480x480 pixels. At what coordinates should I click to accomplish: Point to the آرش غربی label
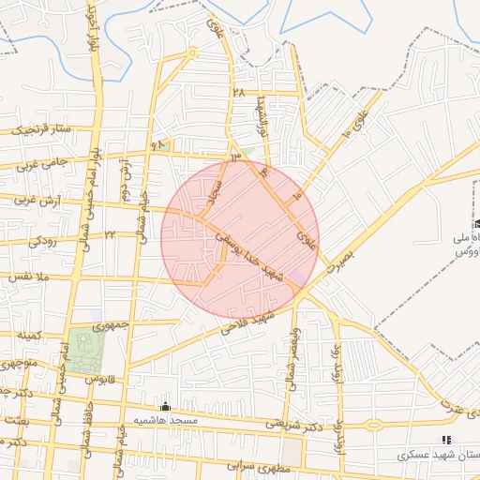(38, 201)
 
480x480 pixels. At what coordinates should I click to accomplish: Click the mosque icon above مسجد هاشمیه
(166, 406)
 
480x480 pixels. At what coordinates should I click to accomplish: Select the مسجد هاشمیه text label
(163, 420)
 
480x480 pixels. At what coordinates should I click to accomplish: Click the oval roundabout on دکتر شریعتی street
(373, 424)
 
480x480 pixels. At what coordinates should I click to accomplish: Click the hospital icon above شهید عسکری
(446, 439)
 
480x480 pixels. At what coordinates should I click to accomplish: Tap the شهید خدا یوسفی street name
(250, 254)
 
